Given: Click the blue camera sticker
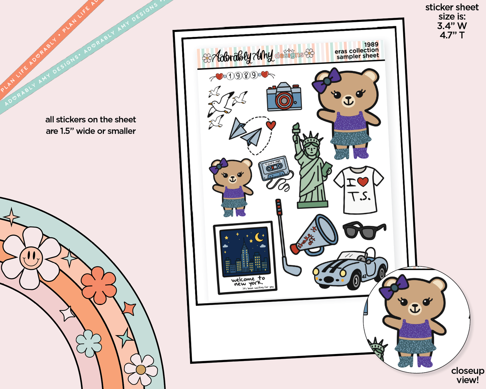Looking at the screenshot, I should pyautogui.click(x=284, y=97).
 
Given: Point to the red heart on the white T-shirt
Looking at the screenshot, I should pyautogui.click(x=363, y=182).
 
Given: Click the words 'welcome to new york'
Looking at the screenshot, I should pyautogui.click(x=248, y=281).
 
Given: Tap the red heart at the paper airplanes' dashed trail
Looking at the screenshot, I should pyautogui.click(x=271, y=125).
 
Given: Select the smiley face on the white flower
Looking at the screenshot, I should pyautogui.click(x=31, y=258).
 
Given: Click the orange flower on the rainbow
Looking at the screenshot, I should pyautogui.click(x=99, y=285).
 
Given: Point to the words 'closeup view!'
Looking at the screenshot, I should pyautogui.click(x=467, y=375).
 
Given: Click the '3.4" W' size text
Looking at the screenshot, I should pyautogui.click(x=452, y=26).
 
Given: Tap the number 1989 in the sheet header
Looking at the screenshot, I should pyautogui.click(x=371, y=44).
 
